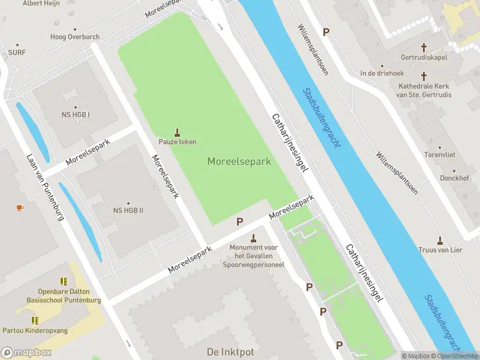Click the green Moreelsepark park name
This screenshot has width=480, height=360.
click(x=239, y=161)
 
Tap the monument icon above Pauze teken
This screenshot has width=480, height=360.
click(x=177, y=131)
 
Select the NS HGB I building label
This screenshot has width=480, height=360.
click(x=76, y=115)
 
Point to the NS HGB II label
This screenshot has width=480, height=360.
click(x=128, y=211)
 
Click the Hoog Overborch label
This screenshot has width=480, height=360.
click(x=75, y=37)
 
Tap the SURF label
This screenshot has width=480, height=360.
click(x=17, y=52)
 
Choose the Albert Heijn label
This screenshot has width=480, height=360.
click(x=41, y=4)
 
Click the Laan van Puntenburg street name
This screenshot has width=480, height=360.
click(x=45, y=187)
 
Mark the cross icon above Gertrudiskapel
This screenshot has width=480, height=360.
click(x=424, y=47)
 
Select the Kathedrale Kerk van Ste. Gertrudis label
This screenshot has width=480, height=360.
click(x=425, y=90)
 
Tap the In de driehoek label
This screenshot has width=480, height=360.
click(x=381, y=73)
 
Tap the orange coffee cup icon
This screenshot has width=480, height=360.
click(x=20, y=208)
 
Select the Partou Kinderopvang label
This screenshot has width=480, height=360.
click(x=43, y=331)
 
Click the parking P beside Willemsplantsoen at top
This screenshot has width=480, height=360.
click(x=326, y=32)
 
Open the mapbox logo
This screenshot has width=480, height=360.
click(x=26, y=353)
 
